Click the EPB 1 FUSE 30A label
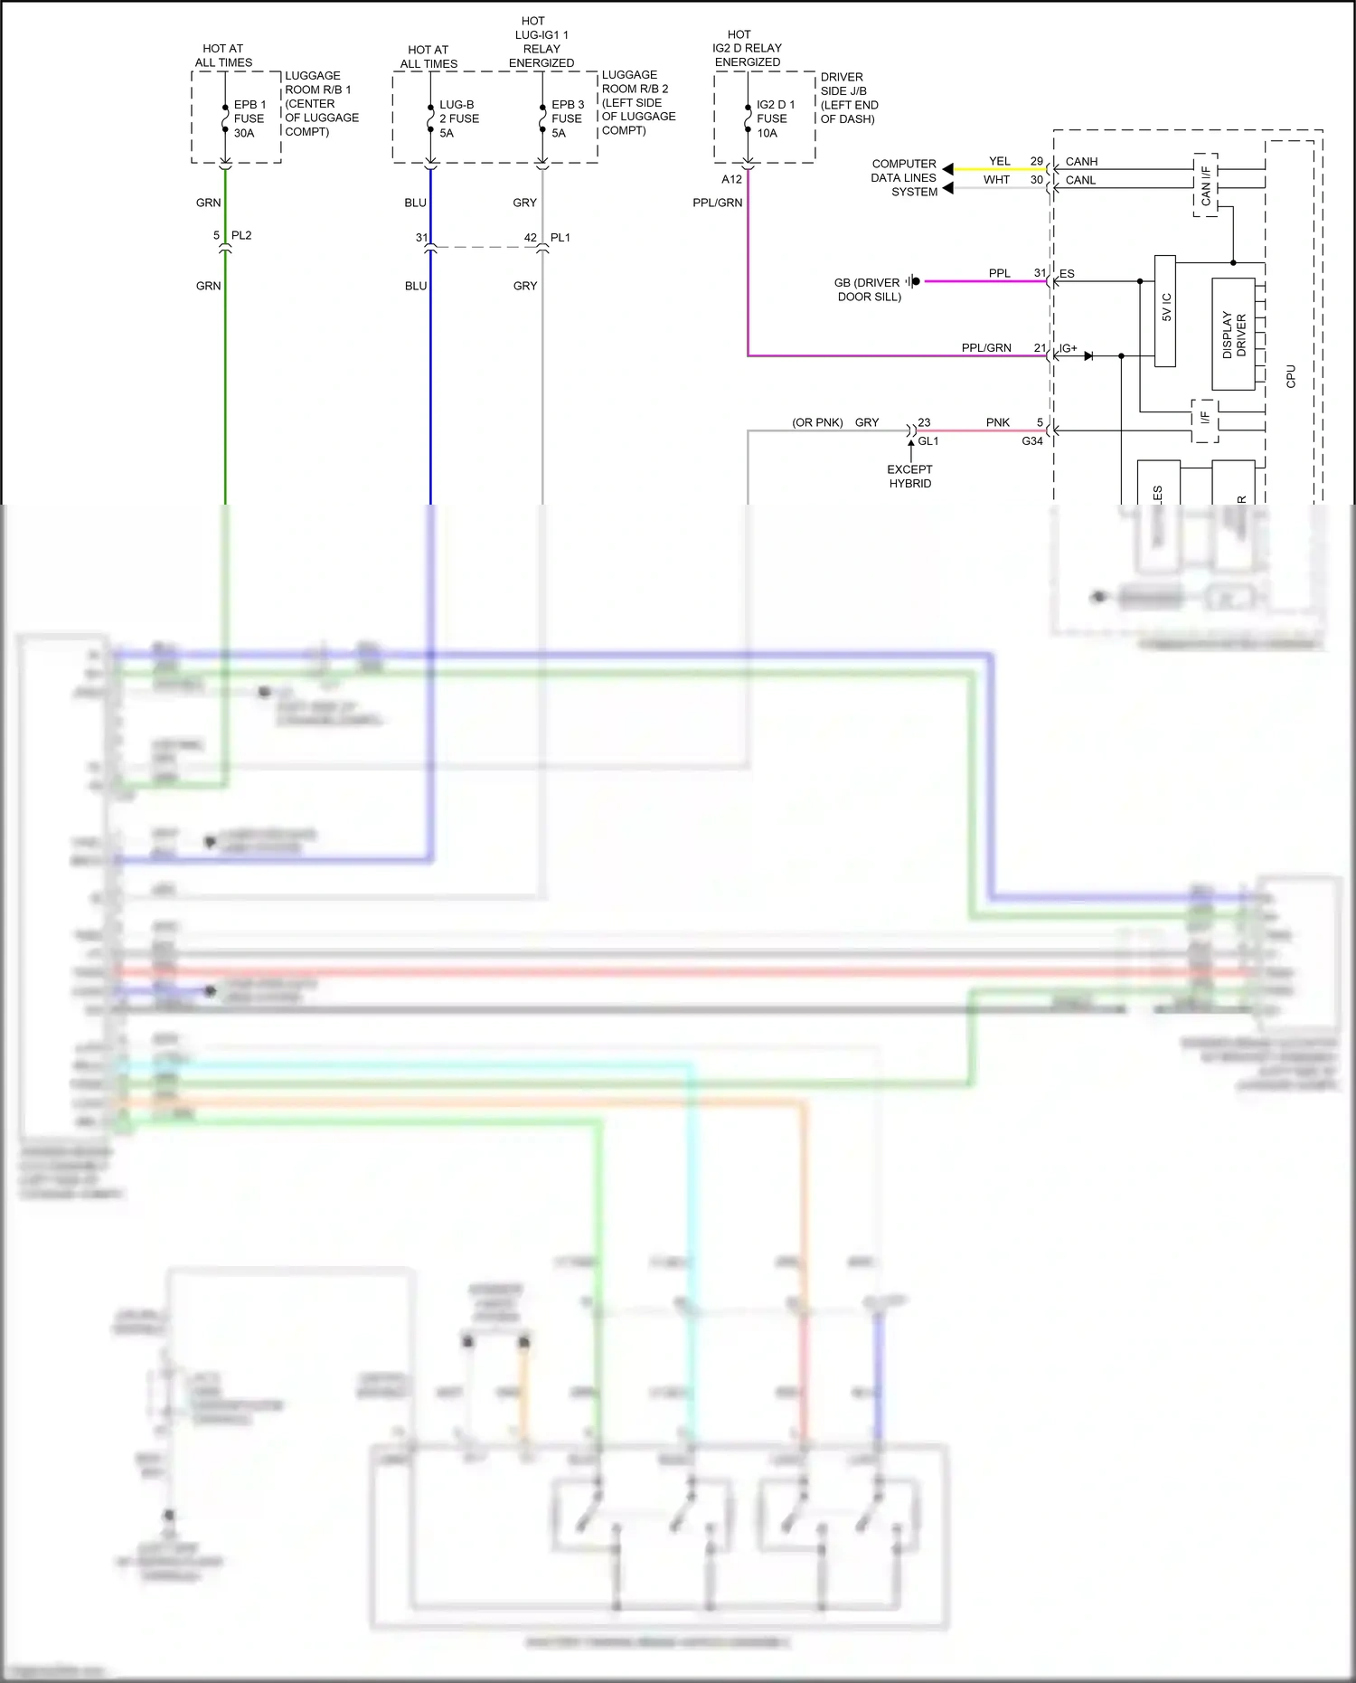(250, 118)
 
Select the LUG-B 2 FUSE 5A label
(458, 118)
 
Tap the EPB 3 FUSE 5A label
(567, 118)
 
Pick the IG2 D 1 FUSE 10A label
(775, 118)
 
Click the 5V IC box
(1165, 311)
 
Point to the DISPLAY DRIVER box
(1233, 335)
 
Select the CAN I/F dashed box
(1206, 185)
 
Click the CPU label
(1291, 376)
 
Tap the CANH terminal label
(1081, 162)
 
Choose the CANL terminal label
(1080, 180)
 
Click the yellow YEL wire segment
(994, 169)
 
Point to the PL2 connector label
(241, 235)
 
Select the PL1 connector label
(560, 238)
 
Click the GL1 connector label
(928, 441)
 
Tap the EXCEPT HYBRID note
(909, 477)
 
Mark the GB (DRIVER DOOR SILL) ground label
(867, 289)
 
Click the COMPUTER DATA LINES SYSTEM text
(904, 178)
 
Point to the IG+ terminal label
(1069, 348)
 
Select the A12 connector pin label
(731, 179)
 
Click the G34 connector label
(1032, 441)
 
